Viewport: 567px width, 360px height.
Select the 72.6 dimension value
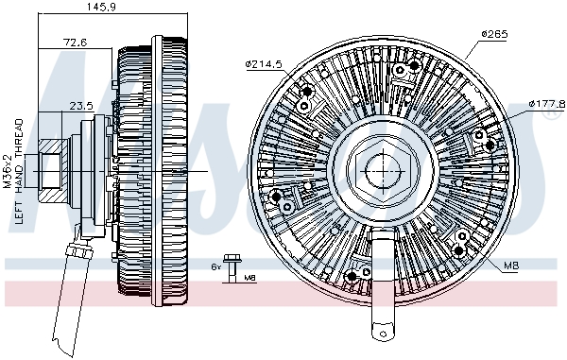pyautogui.click(x=75, y=43)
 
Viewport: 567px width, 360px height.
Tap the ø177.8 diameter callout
pyautogui.click(x=546, y=103)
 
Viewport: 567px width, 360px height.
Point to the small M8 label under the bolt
pyautogui.click(x=249, y=278)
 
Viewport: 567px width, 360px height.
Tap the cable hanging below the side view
pyautogui.click(x=64, y=302)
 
